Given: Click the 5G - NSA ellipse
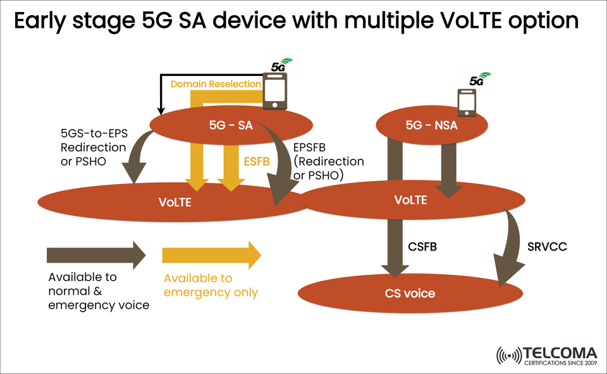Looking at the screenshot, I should pos(431,125).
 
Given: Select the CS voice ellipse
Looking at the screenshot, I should pos(410,294).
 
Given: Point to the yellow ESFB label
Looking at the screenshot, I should pos(257,161).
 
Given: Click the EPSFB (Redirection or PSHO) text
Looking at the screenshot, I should pos(329,161).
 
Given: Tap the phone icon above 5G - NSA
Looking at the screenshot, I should pos(467,101).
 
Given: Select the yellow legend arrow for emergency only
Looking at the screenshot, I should pos(211,255).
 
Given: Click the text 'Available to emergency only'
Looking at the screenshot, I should pos(211,285).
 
